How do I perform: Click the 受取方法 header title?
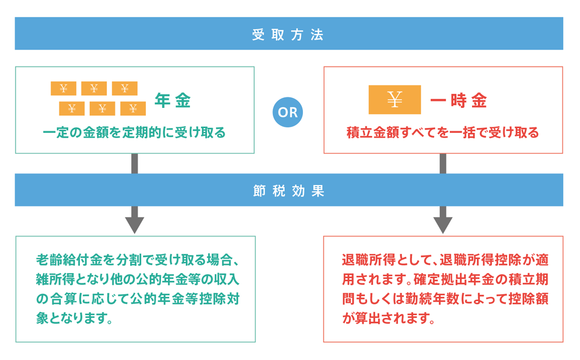(288, 35)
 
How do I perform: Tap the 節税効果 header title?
(288, 191)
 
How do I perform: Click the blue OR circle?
(288, 112)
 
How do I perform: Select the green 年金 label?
(172, 100)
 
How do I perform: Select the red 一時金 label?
(458, 100)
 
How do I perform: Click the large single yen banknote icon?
(395, 99)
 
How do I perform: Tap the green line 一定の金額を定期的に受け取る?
(134, 132)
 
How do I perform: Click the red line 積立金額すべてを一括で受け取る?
(443, 132)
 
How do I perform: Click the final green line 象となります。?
(75, 318)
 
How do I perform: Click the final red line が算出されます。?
(389, 318)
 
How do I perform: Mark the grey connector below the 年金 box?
(134, 164)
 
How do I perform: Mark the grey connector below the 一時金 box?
(443, 164)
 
